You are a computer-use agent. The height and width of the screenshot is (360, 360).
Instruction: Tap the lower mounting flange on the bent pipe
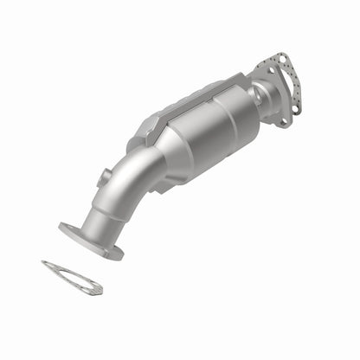point(90,240)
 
